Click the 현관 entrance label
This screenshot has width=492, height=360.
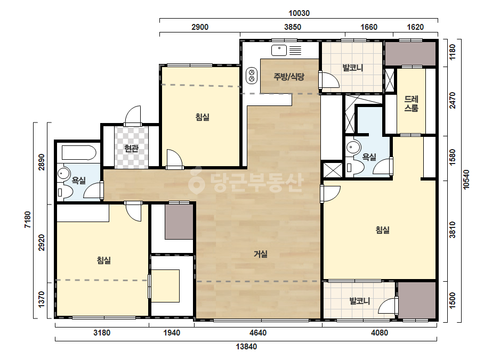(131, 149)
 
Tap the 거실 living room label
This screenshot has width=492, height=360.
(261, 253)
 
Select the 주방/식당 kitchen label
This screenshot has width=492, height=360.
(289, 77)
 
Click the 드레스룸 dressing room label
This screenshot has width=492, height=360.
(411, 104)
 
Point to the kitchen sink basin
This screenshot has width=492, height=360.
(279, 50)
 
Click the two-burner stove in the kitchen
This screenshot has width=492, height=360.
(252, 76)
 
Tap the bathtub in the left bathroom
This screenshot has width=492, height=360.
(79, 153)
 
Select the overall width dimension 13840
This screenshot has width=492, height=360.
(246, 347)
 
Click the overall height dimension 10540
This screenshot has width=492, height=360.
(466, 179)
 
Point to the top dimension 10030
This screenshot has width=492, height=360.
(299, 13)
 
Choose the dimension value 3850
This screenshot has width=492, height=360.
(293, 27)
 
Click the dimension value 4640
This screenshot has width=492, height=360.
(258, 332)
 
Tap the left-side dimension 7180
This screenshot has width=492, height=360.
(28, 219)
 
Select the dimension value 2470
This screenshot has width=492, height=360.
(452, 100)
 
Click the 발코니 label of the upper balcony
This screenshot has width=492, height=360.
(353, 68)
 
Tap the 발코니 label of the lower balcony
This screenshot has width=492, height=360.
(360, 301)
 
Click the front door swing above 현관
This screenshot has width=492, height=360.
(133, 116)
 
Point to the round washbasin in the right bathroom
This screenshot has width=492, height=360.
(353, 147)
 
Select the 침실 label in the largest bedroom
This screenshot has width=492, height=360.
(383, 230)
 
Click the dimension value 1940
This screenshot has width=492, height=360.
(172, 332)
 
